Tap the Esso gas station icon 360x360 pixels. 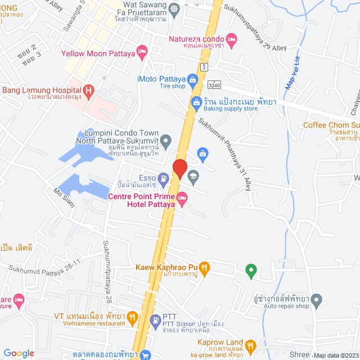(163, 178)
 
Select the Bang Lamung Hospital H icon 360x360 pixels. (88, 90)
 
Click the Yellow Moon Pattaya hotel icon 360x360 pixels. (142, 53)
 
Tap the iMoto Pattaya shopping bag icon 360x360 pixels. (193, 79)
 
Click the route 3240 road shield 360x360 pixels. (213, 84)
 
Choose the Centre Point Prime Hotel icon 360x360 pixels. (182, 196)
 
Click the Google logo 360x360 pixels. (19, 353)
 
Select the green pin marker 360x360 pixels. (251, 271)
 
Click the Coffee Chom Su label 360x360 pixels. (331, 125)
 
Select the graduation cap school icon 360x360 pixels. (193, 176)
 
